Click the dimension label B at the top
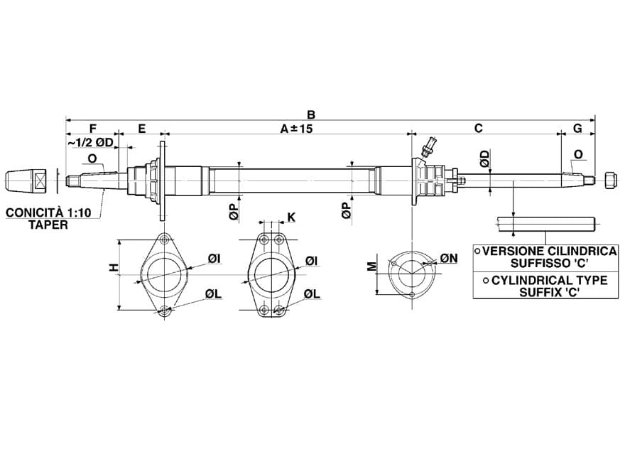click(311, 115)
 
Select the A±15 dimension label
click(296, 129)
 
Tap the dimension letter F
click(93, 129)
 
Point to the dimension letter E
click(142, 129)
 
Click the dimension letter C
click(479, 128)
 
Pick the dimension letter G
click(577, 128)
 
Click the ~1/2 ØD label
click(90, 142)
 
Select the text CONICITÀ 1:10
click(48, 212)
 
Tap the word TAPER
click(48, 225)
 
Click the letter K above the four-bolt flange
click(292, 217)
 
